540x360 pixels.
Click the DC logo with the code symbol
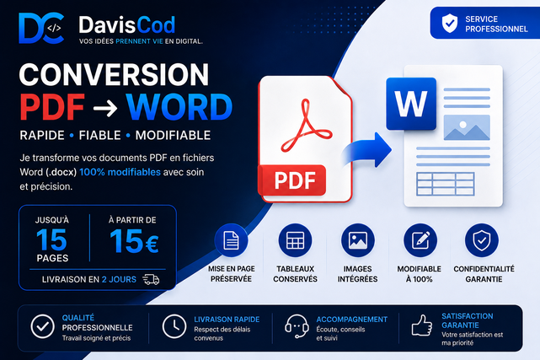tap(41, 29)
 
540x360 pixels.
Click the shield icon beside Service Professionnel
tap(449, 23)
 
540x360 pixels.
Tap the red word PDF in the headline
tap(52, 107)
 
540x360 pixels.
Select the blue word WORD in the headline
tap(179, 107)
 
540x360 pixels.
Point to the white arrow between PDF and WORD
tap(105, 108)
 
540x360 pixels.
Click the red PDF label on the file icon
tap(292, 180)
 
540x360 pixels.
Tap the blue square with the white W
tap(411, 104)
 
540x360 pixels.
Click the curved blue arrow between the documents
tap(367, 150)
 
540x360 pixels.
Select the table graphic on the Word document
tap(446, 184)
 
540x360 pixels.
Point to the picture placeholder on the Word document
tap(467, 127)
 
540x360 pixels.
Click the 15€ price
tap(134, 241)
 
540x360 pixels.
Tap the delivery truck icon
tap(151, 279)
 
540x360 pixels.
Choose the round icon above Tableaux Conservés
tap(295, 240)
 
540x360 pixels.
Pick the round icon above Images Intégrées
tap(358, 240)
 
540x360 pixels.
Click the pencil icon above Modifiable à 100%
tap(420, 240)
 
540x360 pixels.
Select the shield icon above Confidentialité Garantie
tap(482, 240)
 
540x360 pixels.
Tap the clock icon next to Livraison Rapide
tap(174, 326)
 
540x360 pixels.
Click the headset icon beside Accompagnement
tap(297, 326)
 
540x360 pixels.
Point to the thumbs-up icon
tap(422, 325)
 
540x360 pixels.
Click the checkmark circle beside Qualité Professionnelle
tap(42, 326)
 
